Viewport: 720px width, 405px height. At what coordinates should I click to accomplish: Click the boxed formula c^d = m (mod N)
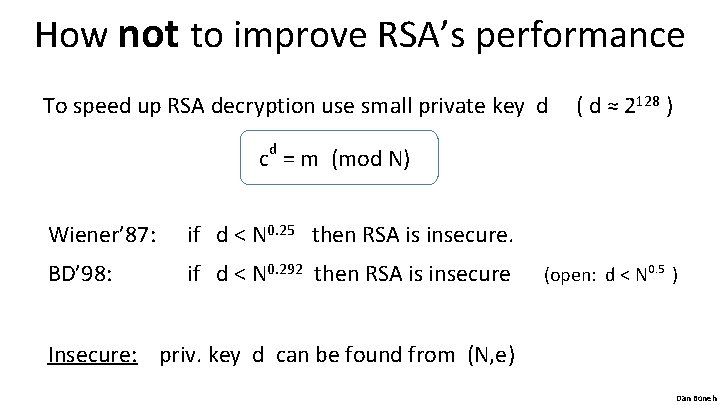(x=338, y=158)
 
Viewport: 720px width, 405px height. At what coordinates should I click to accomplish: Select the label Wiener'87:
(x=101, y=236)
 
